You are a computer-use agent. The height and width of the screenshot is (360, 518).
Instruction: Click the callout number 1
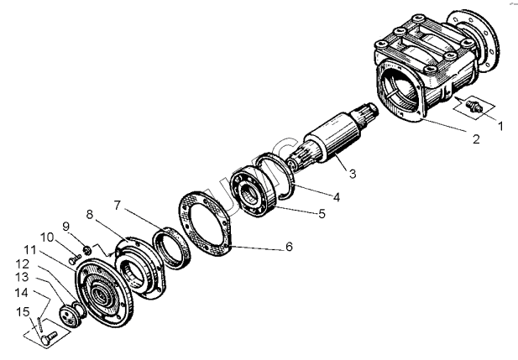point(502,127)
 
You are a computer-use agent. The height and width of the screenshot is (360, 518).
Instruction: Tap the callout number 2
point(474,139)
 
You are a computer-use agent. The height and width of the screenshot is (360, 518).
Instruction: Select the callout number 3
point(353,174)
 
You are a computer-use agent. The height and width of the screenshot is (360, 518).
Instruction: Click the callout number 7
point(118,206)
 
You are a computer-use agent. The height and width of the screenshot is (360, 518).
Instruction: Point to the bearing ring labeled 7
point(176,247)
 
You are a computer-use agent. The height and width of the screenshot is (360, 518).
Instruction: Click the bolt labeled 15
point(50,336)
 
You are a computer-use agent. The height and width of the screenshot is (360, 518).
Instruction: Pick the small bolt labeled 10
point(73,260)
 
